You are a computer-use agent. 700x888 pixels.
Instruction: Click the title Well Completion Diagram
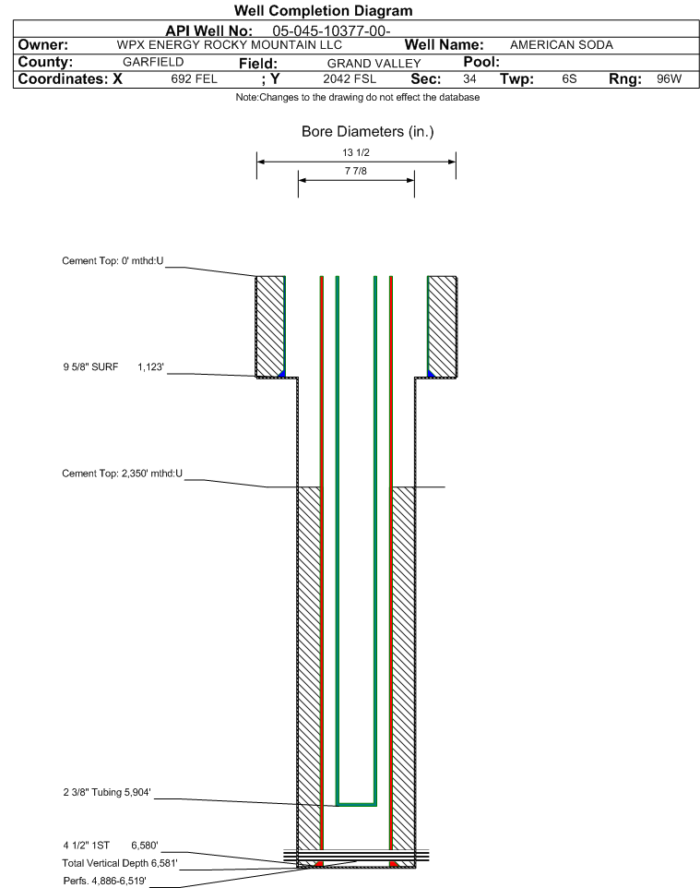(323, 11)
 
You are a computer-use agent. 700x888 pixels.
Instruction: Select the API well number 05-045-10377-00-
(332, 31)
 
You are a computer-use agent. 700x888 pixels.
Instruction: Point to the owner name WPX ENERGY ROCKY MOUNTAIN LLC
(230, 44)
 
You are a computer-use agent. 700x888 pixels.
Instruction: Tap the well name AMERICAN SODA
(562, 44)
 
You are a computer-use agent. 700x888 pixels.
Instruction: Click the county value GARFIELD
(153, 62)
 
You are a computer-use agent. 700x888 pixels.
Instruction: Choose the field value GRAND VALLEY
(374, 64)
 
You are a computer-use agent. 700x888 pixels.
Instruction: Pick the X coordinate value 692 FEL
(194, 78)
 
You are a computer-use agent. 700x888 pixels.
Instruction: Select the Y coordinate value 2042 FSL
(350, 78)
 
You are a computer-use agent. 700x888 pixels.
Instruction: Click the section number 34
(469, 78)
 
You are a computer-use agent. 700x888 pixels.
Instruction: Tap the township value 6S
(569, 78)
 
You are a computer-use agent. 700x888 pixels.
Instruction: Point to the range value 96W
(669, 78)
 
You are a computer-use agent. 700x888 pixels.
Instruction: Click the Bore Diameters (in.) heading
(368, 132)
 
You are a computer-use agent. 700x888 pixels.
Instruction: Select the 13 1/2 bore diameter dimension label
(356, 152)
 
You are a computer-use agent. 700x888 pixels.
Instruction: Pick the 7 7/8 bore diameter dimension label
(356, 171)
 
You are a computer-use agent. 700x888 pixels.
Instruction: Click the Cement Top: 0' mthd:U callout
(113, 261)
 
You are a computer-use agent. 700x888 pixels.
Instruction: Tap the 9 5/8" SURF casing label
(90, 367)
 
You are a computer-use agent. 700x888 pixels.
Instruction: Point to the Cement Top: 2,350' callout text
(123, 474)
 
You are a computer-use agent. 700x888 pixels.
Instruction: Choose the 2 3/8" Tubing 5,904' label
(107, 792)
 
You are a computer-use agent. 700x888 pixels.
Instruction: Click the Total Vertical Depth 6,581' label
(120, 863)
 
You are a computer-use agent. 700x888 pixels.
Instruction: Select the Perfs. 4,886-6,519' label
(105, 881)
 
